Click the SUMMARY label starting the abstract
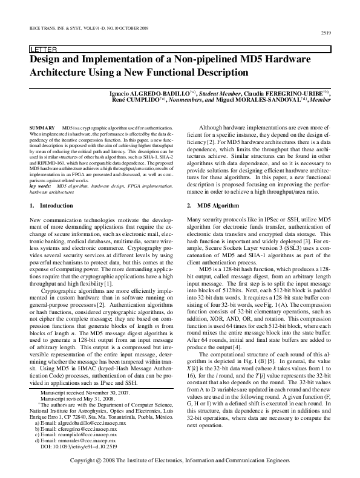click(42, 128)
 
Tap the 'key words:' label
click(40, 186)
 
